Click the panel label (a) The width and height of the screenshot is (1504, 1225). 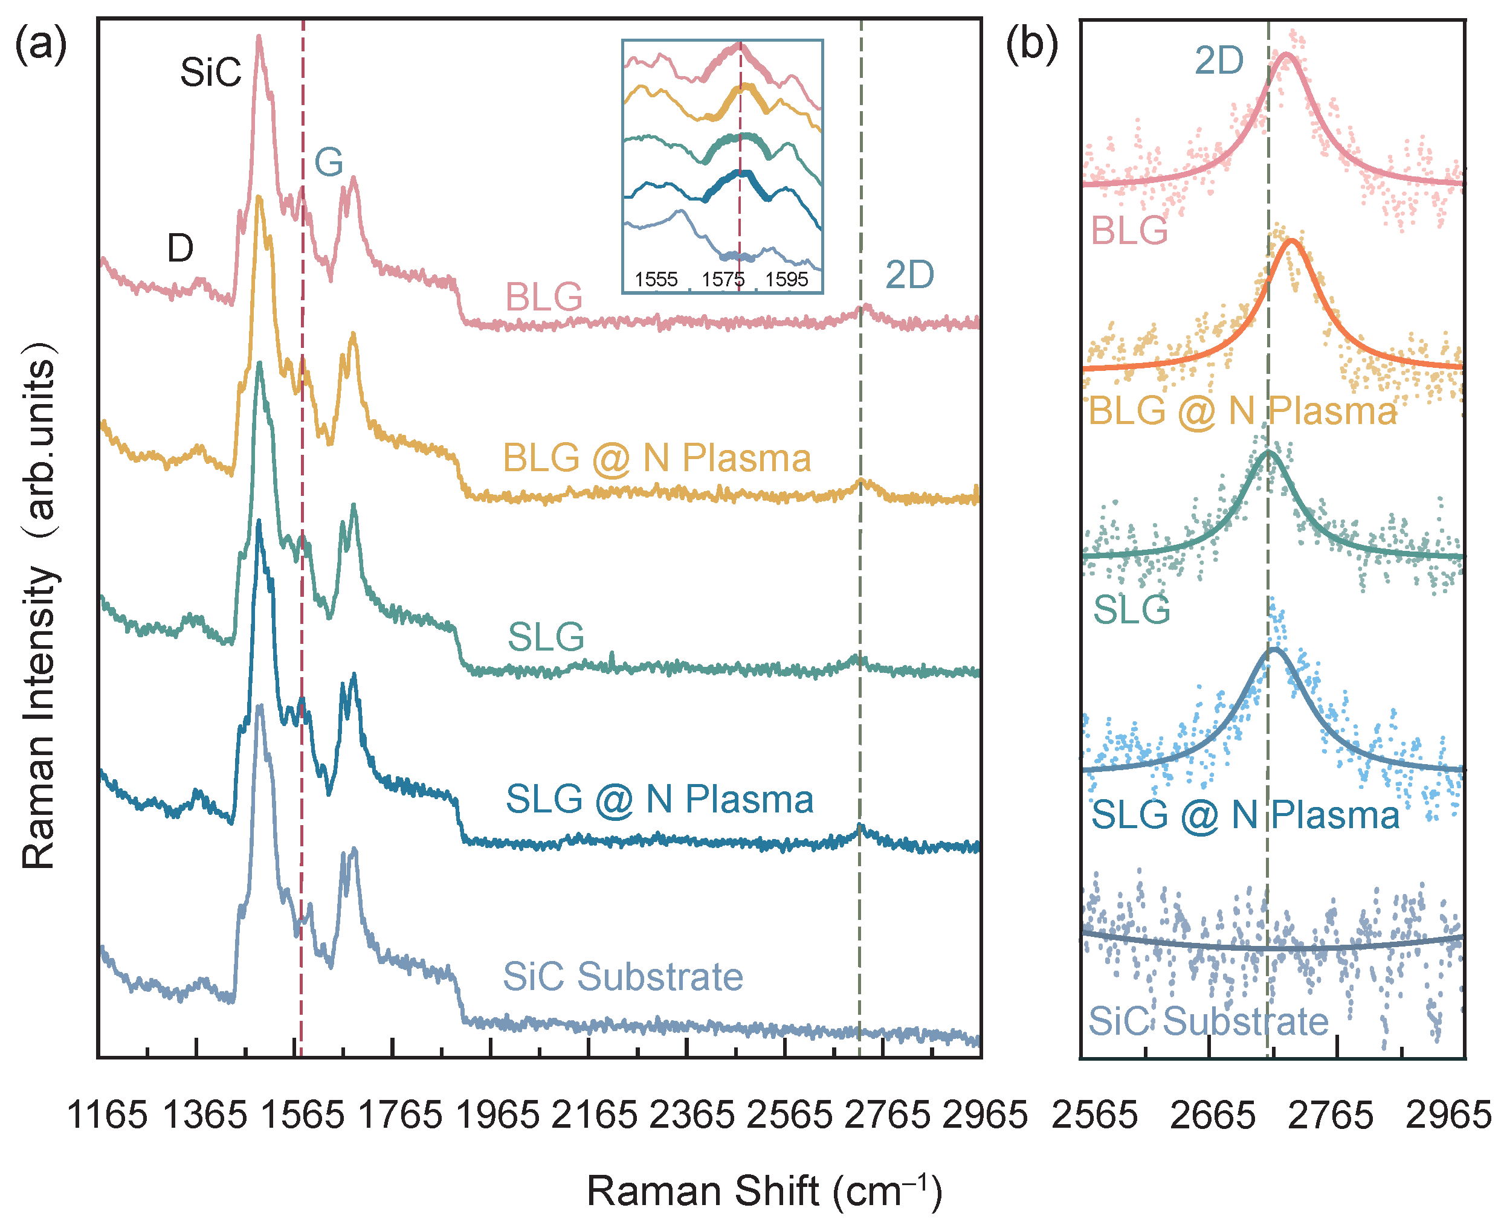point(41,45)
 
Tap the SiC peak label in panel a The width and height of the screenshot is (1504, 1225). point(210,72)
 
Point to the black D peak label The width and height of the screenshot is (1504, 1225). point(180,248)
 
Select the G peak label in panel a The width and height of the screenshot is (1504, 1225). point(328,162)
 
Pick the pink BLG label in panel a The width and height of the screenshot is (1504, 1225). point(543,297)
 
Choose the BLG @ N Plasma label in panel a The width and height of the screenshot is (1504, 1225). point(656,458)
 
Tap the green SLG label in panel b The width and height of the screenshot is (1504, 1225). point(1131,609)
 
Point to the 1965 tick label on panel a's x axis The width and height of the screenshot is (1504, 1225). point(497,1116)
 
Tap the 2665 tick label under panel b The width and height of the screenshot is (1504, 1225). point(1213,1116)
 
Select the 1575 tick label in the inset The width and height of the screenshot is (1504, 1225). point(723,280)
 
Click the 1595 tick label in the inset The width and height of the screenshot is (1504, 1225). point(786,280)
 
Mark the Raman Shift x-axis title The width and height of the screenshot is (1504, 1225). point(764,1191)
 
